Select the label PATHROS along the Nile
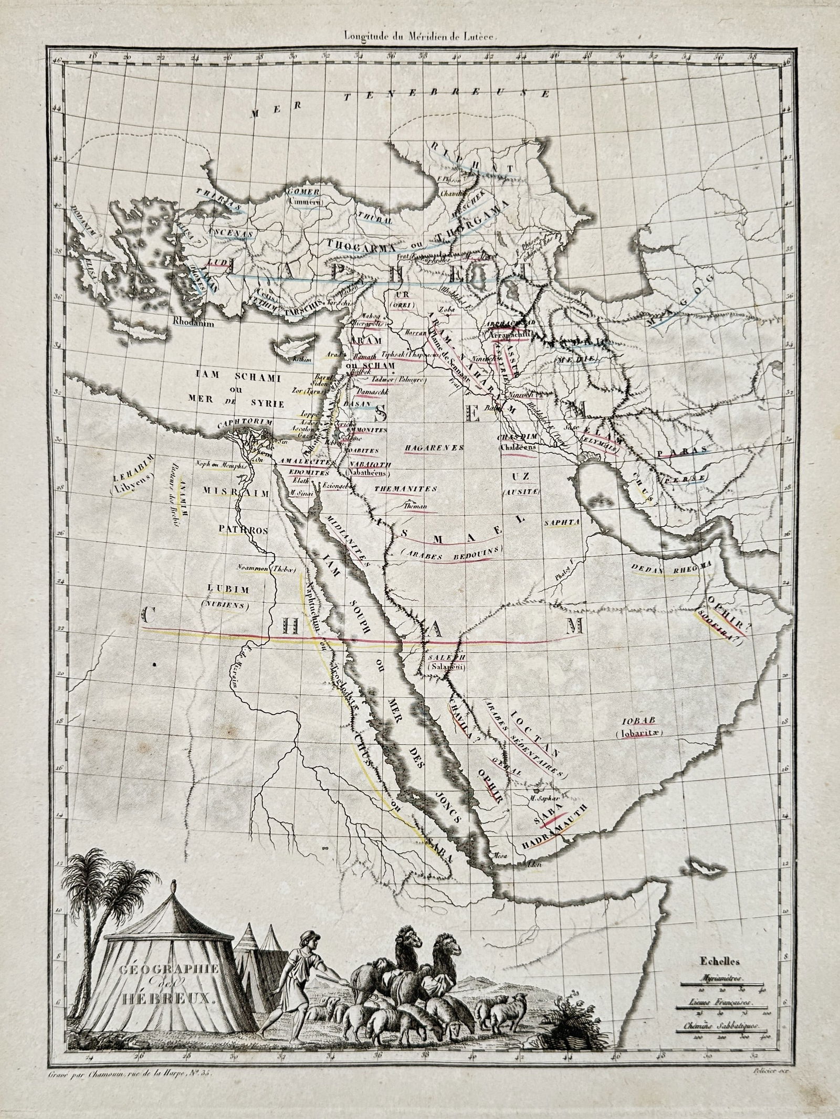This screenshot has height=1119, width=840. pos(244,530)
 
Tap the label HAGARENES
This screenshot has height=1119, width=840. pos(434,447)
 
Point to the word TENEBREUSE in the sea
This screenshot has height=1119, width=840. pos(447,94)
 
